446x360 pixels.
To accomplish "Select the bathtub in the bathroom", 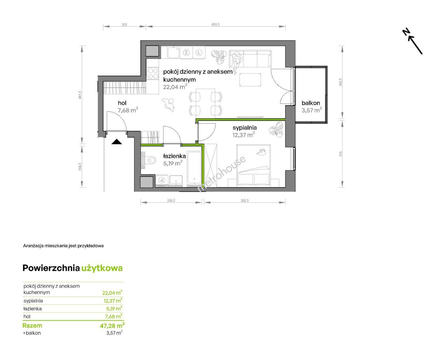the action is (194, 168).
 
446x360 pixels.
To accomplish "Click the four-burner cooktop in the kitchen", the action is (153, 73).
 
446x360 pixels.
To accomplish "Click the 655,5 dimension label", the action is (215, 24).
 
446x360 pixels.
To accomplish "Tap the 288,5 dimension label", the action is (171, 200).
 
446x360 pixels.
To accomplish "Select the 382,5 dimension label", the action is (245, 200).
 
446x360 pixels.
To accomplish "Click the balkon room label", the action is (311, 103).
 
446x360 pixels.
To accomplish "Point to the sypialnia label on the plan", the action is (245, 127).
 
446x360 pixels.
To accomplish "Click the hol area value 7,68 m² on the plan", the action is (128, 110).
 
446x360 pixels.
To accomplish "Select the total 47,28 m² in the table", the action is (112, 325).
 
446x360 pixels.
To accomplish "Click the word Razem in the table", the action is (32, 325).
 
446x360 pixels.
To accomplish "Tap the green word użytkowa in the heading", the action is (102, 268).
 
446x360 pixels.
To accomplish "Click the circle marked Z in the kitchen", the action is (186, 53).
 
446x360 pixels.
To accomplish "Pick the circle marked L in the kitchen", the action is (199, 53).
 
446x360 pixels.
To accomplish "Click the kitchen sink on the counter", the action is (173, 52).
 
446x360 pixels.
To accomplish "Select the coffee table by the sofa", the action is (251, 80).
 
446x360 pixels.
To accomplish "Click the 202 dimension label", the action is (124, 24).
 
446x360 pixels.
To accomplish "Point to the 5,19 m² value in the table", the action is (114, 309).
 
